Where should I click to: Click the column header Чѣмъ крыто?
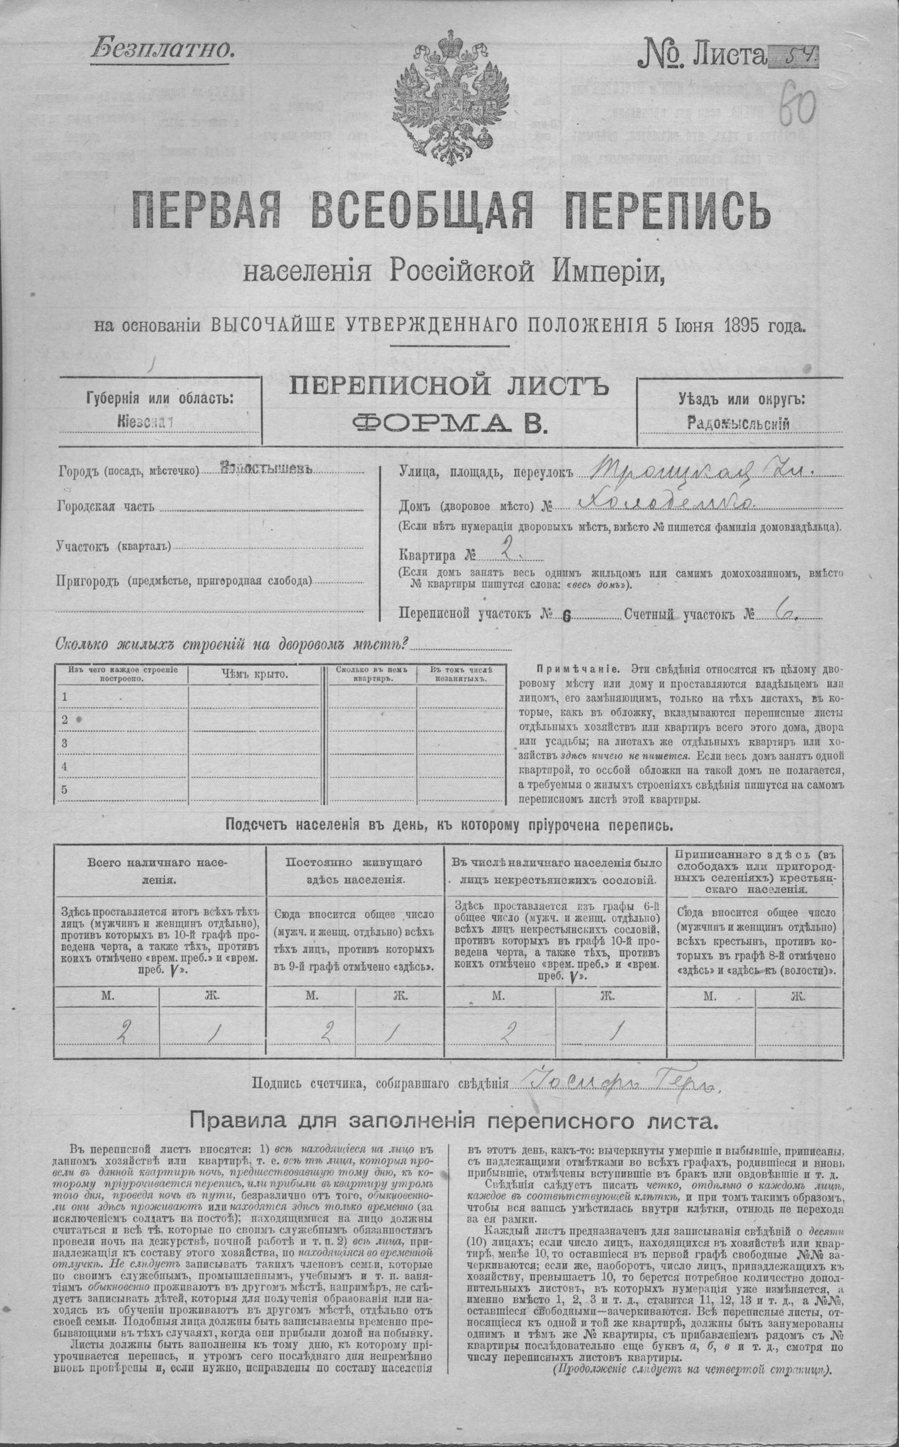(255, 674)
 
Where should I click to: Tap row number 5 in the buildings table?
(64, 790)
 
